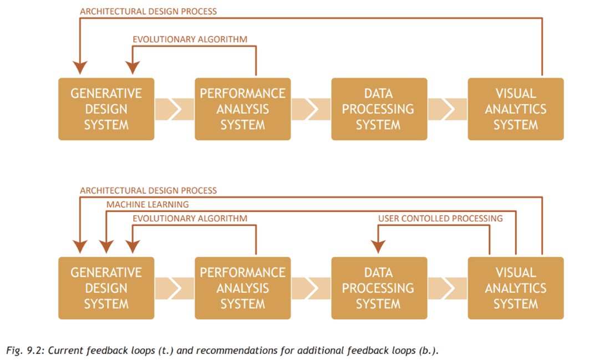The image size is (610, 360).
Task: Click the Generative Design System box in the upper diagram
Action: (x=106, y=109)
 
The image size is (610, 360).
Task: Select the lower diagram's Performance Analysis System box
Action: (x=242, y=288)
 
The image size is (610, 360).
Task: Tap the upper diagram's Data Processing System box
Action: (x=379, y=109)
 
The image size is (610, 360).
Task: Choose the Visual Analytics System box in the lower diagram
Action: (x=515, y=288)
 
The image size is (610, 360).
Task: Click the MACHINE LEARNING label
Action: (x=148, y=205)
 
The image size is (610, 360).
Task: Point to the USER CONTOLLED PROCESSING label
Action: (x=440, y=219)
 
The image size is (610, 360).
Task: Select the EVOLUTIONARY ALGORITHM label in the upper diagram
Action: (x=190, y=39)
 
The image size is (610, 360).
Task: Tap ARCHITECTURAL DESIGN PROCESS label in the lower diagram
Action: (x=148, y=191)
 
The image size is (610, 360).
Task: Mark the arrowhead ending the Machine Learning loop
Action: (x=106, y=247)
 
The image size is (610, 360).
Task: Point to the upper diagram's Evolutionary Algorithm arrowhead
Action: (x=133, y=68)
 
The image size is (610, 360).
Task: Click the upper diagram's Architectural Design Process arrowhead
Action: (x=80, y=68)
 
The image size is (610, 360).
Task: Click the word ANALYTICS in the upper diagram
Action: (x=515, y=109)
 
